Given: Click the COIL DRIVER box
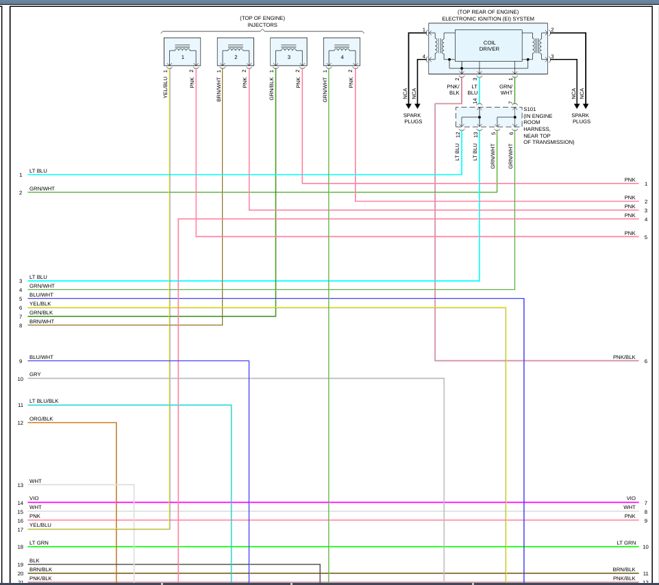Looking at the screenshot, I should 489,46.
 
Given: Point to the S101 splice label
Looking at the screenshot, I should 530,109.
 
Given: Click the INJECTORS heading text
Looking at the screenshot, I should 262,25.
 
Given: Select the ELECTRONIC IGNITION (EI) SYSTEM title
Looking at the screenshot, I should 488,18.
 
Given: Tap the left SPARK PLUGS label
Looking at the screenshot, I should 412,119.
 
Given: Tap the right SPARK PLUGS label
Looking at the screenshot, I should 581,119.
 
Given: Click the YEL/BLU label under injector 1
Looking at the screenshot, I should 166,88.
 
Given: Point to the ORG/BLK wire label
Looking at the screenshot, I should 41,419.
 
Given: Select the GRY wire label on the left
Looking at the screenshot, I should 34,375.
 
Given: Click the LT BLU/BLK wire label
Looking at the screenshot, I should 43,401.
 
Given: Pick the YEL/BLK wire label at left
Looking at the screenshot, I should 40,303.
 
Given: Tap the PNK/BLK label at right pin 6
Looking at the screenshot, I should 624,358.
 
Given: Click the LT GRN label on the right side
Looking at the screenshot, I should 625,543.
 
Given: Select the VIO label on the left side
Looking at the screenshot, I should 34,499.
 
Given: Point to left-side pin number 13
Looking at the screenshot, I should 21,486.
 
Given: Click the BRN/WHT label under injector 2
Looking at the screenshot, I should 219,88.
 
